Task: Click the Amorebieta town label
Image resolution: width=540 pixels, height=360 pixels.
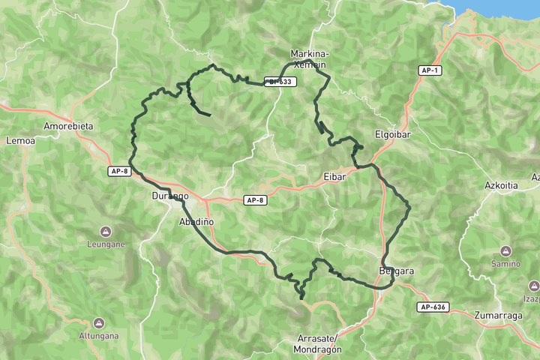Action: click(68, 126)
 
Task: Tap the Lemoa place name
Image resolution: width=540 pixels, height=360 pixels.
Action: click(16, 140)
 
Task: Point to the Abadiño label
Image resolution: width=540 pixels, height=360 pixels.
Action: click(196, 222)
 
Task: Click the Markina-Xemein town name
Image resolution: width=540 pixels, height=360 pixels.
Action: click(309, 59)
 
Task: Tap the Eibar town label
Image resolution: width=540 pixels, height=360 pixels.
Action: click(334, 177)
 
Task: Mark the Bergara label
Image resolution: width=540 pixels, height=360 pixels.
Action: click(396, 271)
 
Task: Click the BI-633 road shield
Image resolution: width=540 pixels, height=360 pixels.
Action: click(279, 82)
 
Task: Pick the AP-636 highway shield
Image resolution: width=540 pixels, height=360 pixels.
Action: click(433, 307)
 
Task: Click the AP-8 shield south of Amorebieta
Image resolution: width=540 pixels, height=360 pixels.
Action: click(119, 172)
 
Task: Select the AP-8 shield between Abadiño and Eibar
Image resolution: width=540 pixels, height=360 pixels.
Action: click(255, 200)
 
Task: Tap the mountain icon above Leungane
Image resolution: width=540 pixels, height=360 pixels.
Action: click(106, 232)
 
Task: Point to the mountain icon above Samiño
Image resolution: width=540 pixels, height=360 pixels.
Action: click(505, 250)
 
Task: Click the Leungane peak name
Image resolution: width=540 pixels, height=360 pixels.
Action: click(106, 244)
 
